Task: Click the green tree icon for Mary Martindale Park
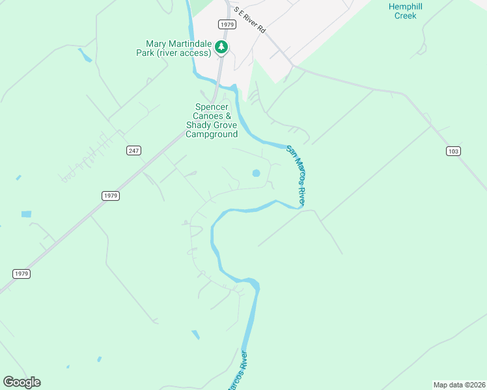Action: (x=222, y=47)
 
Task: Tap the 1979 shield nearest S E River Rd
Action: (x=227, y=24)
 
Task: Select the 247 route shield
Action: (x=133, y=151)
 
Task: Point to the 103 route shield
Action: (x=454, y=151)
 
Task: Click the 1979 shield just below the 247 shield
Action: (x=111, y=196)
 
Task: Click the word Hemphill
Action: (x=406, y=6)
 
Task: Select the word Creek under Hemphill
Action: (x=406, y=15)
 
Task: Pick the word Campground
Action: (x=212, y=135)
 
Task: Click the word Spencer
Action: (x=212, y=107)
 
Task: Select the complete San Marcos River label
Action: (x=296, y=176)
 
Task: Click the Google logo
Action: (x=21, y=382)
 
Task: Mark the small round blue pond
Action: (x=256, y=174)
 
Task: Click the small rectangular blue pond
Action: (x=26, y=214)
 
